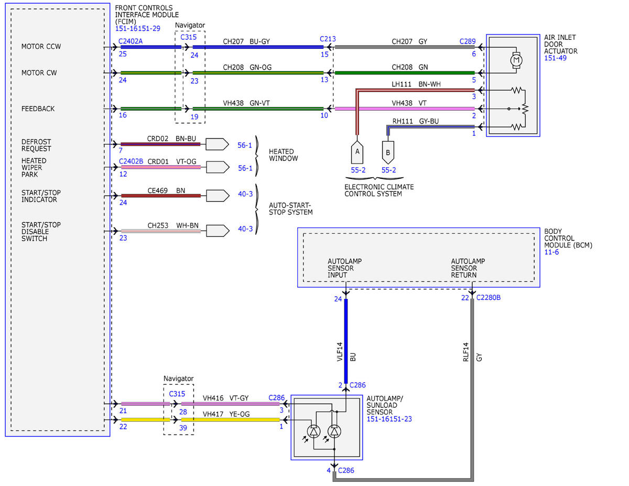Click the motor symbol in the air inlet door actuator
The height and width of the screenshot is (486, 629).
(x=516, y=60)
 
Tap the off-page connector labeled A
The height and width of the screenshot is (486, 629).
(x=357, y=152)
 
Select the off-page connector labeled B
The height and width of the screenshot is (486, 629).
(x=388, y=153)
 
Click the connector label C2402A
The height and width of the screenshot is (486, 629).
(x=131, y=41)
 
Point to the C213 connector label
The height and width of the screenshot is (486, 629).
(x=328, y=39)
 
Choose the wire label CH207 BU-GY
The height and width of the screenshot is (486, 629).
(x=246, y=41)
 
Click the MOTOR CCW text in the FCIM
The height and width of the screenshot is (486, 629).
(x=41, y=46)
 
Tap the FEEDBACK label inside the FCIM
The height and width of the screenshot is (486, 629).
(x=38, y=109)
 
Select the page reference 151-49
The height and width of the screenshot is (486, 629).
(x=555, y=58)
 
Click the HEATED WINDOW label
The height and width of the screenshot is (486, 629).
(x=283, y=155)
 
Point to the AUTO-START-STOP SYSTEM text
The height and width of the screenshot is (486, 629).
(x=290, y=209)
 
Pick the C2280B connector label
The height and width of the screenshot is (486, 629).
(x=489, y=297)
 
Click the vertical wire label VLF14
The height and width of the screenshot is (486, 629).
(x=340, y=351)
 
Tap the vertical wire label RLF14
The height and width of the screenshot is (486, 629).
(x=465, y=352)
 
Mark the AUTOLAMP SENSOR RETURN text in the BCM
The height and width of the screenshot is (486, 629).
(x=468, y=268)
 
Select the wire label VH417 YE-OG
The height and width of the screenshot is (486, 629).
(x=226, y=414)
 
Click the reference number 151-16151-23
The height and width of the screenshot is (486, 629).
(x=389, y=419)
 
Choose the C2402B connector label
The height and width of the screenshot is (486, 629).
(x=131, y=161)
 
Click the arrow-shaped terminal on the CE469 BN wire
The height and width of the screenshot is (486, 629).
(x=218, y=196)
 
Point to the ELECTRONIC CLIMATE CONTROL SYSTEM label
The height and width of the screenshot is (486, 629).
(x=379, y=190)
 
